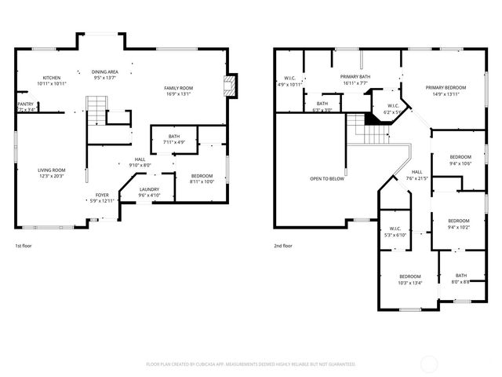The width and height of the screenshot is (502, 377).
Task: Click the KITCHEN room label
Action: pyautogui.click(x=53, y=78)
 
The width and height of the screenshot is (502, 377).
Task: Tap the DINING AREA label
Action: pyautogui.click(x=104, y=71)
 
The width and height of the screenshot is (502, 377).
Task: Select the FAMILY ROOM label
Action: pyautogui.click(x=178, y=87)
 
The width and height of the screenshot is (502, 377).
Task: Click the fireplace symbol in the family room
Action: pyautogui.click(x=230, y=86)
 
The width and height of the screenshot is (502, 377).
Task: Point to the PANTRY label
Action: pyautogui.click(x=25, y=104)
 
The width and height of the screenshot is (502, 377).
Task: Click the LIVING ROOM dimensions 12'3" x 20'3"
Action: pyautogui.click(x=53, y=177)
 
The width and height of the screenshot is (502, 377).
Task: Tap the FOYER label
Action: pyautogui.click(x=103, y=195)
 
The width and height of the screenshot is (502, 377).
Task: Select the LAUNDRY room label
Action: pyautogui.click(x=150, y=189)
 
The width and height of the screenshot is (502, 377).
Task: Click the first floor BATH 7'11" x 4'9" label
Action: pyautogui.click(x=173, y=137)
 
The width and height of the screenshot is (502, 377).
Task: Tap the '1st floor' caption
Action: pyautogui.click(x=24, y=245)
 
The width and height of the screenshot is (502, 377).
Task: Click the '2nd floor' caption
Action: pyautogui.click(x=282, y=245)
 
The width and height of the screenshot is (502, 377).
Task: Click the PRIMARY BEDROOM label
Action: pyautogui.click(x=446, y=87)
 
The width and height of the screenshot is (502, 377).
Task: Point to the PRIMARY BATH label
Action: pyautogui.click(x=355, y=76)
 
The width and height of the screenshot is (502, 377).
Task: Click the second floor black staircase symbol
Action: pyautogui.click(x=358, y=123)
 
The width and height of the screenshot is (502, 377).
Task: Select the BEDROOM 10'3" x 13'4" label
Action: pyautogui.click(x=409, y=276)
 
